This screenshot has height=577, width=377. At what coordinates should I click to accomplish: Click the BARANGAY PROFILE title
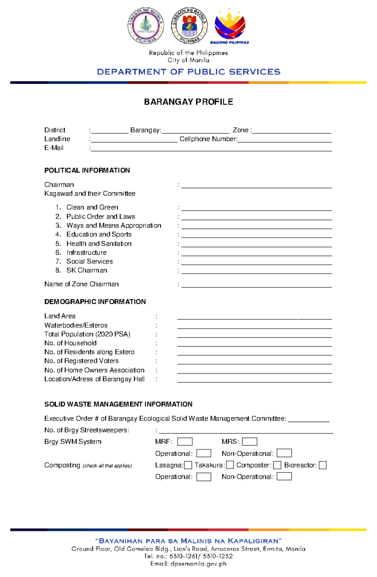coord(188,102)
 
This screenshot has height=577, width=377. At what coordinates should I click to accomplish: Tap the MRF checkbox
coord(185,441)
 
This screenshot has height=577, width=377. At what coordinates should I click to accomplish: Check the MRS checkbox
coord(249,441)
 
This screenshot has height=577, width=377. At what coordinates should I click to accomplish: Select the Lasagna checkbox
coord(188,465)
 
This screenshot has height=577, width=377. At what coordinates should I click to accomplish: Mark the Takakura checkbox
coord(230,465)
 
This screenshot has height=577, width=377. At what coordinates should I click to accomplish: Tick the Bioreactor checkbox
coord(323,465)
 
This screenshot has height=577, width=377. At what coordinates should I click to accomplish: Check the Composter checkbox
coord(277,465)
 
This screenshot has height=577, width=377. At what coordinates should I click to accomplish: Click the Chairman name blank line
coord(256,185)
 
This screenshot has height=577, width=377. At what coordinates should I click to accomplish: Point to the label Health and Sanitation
coord(99,244)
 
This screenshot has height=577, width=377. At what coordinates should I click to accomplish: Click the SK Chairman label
coord(87,270)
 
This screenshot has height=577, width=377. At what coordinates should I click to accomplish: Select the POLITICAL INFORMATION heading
coord(87,170)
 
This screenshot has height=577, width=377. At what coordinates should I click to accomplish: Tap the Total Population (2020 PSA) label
coord(87,334)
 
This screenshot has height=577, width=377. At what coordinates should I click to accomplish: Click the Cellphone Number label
coord(208,139)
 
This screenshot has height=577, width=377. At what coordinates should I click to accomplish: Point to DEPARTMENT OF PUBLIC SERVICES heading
coord(188,72)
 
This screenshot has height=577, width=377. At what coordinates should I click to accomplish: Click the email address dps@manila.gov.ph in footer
coord(198,564)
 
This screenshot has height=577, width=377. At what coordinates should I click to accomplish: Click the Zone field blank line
coord(292,131)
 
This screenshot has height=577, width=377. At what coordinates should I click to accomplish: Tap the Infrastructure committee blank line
coord(256,253)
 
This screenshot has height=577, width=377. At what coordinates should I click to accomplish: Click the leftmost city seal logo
coord(145,26)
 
